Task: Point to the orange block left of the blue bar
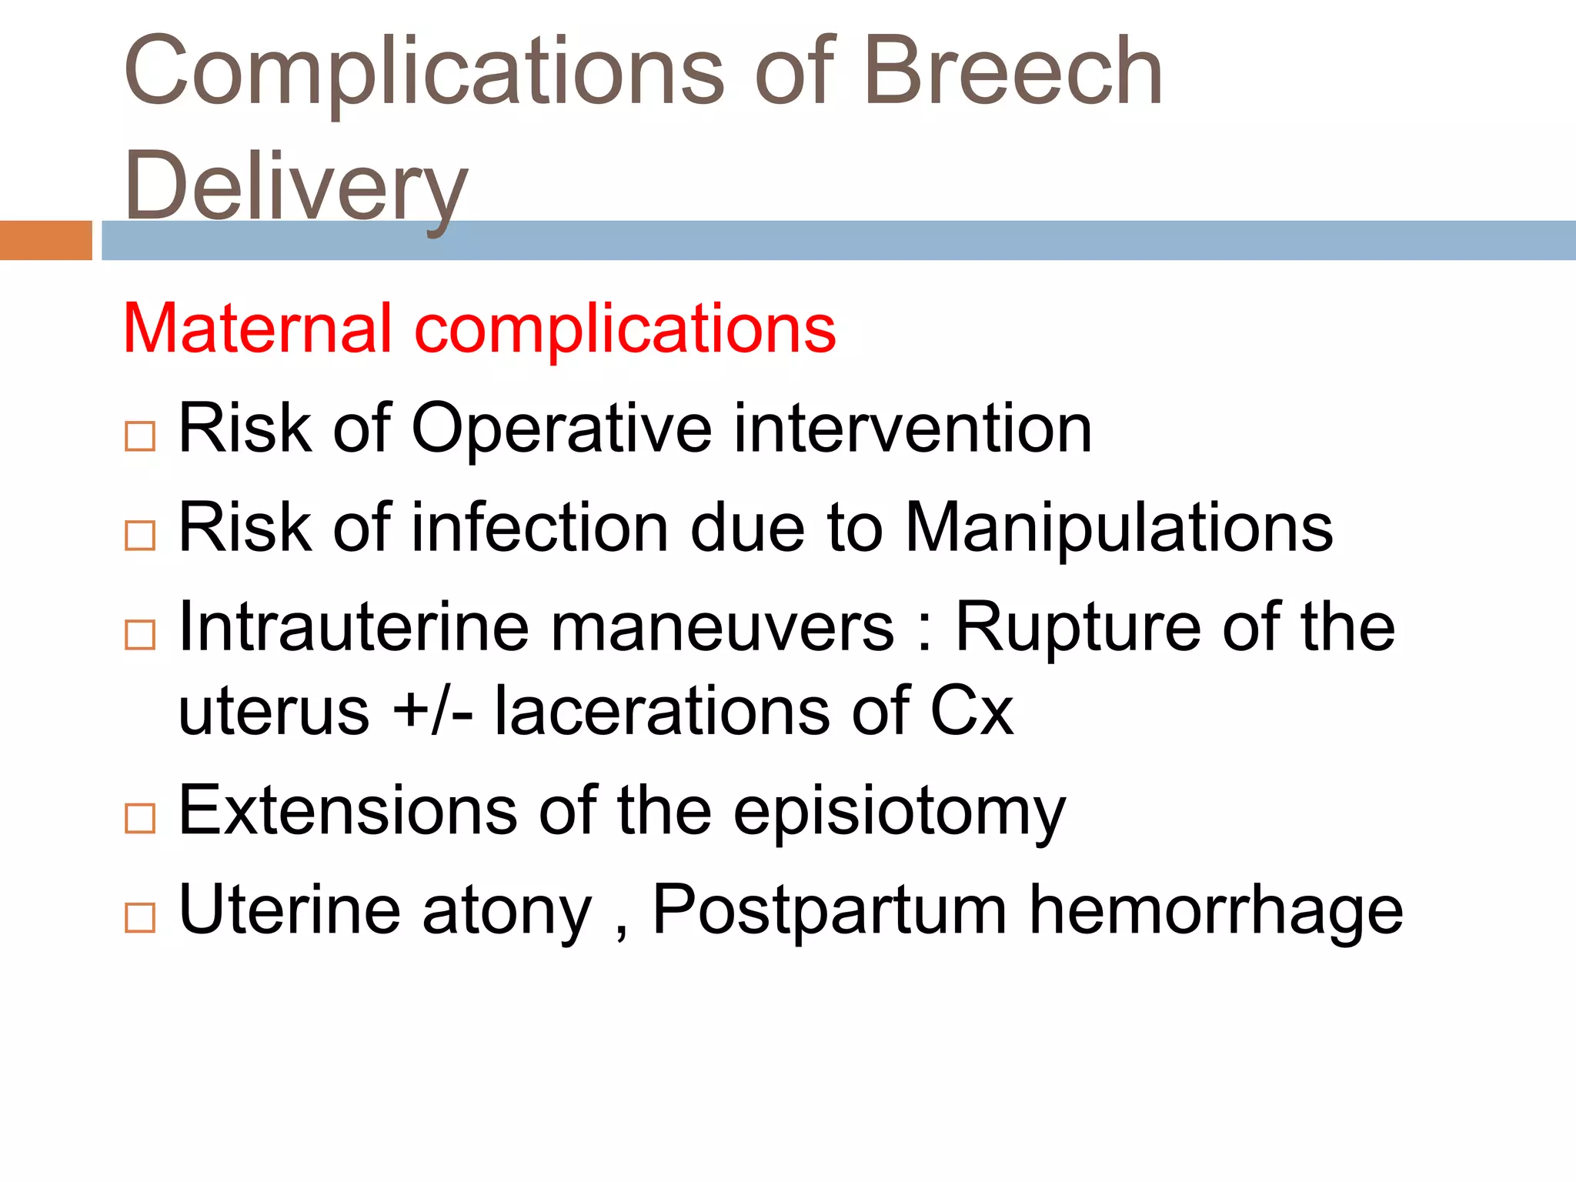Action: [x=45, y=240]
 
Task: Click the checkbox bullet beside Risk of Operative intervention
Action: [x=140, y=436]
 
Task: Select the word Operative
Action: [x=562, y=429]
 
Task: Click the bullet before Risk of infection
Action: [x=140, y=536]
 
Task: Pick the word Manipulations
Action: [x=1119, y=529]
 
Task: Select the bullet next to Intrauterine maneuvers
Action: [x=140, y=635]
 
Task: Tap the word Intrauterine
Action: [x=354, y=627]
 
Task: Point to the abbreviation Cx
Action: [x=971, y=711]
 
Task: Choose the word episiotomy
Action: [x=900, y=812]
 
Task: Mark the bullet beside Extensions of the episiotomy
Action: [x=140, y=819]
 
